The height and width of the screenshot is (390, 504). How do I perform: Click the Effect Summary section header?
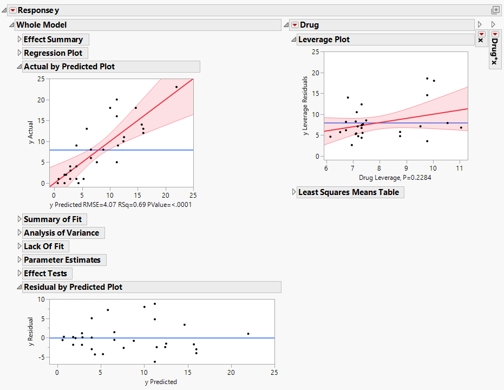click(x=53, y=40)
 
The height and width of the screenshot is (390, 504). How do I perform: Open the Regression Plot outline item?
click(x=53, y=53)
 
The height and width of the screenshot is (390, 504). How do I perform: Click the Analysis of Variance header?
click(x=61, y=233)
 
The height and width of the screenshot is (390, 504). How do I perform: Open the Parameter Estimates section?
click(x=62, y=260)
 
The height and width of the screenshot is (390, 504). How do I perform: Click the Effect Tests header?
click(x=45, y=274)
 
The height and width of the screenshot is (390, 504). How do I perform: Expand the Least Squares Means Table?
click(x=348, y=192)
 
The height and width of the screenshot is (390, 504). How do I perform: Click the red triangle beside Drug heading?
click(x=294, y=25)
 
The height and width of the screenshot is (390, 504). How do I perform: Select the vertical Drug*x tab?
click(x=494, y=51)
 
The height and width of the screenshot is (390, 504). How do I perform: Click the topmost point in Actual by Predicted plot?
click(x=176, y=87)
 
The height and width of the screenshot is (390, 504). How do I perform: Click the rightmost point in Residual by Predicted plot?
click(x=248, y=334)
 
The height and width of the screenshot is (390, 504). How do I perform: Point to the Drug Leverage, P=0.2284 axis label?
click(x=395, y=177)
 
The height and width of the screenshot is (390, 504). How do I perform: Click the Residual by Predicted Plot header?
click(x=73, y=287)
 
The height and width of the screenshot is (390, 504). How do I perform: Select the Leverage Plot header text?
click(x=324, y=40)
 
